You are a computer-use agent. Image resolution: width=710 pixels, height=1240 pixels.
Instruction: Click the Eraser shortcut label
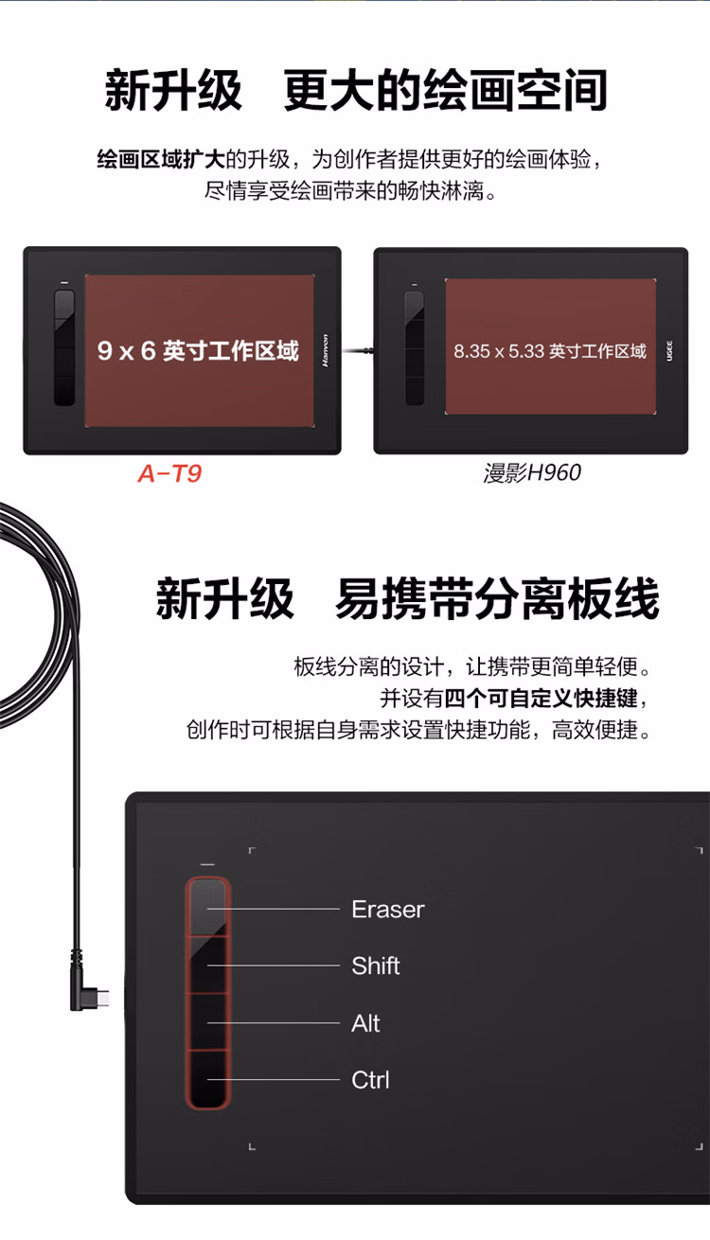[x=387, y=910]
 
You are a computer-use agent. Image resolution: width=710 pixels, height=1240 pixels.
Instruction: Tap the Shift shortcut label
[x=376, y=966]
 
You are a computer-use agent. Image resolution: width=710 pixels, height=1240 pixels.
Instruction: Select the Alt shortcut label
[x=365, y=1023]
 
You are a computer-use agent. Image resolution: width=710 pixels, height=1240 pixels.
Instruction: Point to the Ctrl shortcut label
[x=370, y=1080]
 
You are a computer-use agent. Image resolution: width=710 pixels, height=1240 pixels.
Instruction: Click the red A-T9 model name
[x=169, y=474]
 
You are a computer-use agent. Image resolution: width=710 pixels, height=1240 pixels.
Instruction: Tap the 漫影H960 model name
[x=532, y=473]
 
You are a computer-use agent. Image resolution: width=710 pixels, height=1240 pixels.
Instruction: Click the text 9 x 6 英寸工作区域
[x=198, y=352]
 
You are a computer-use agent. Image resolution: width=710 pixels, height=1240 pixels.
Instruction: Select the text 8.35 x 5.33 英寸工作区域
[x=550, y=351]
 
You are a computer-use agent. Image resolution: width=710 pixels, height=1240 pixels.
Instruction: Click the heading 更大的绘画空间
[x=445, y=92]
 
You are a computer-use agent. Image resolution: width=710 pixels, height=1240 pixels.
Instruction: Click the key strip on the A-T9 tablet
[x=64, y=348]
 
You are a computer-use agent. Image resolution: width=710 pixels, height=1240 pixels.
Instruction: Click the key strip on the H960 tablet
[x=415, y=348]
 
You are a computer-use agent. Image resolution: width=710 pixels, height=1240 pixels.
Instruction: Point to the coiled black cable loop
[x=38, y=606]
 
